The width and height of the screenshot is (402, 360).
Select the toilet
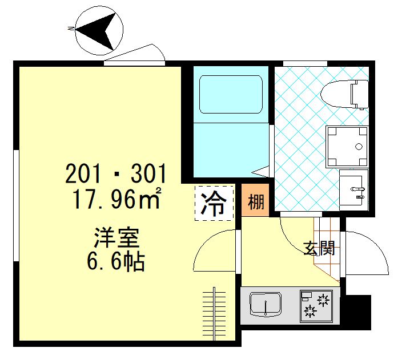point(345,94)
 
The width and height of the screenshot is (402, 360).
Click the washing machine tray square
point(347,146)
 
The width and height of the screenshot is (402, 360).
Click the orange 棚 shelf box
point(256,200)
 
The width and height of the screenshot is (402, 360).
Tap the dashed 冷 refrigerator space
point(215,203)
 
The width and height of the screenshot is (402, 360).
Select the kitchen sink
point(266,305)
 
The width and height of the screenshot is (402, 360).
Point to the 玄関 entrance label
point(319,249)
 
